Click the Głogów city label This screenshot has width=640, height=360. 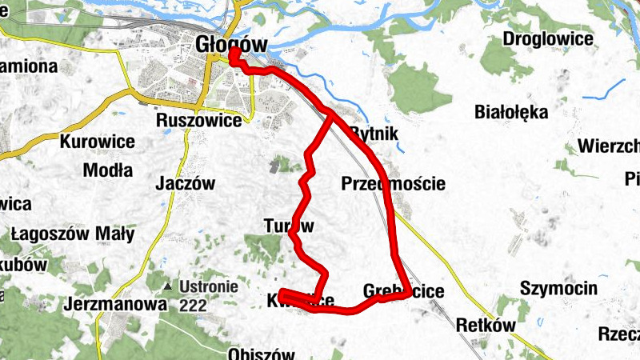(231, 44)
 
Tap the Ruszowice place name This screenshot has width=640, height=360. (199, 122)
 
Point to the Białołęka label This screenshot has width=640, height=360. (511, 112)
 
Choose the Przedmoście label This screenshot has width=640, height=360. (393, 183)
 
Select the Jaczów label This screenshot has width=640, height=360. (187, 183)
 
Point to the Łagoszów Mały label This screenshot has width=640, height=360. (73, 234)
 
